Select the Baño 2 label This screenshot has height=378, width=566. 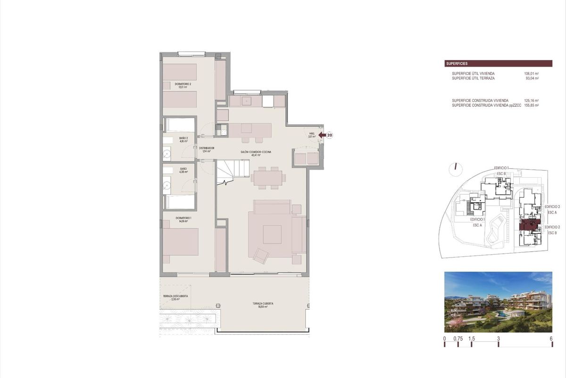click(183, 139)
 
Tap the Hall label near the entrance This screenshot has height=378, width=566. click(312, 135)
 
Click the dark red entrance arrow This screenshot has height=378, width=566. click(322, 135)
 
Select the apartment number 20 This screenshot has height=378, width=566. click(330, 135)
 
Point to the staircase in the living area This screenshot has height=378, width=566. click(233, 172)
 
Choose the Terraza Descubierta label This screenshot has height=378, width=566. click(175, 298)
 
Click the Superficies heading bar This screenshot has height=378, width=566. click(499, 63)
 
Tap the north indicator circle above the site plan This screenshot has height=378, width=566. click(455, 166)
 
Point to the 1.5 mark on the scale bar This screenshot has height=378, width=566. click(472, 339)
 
